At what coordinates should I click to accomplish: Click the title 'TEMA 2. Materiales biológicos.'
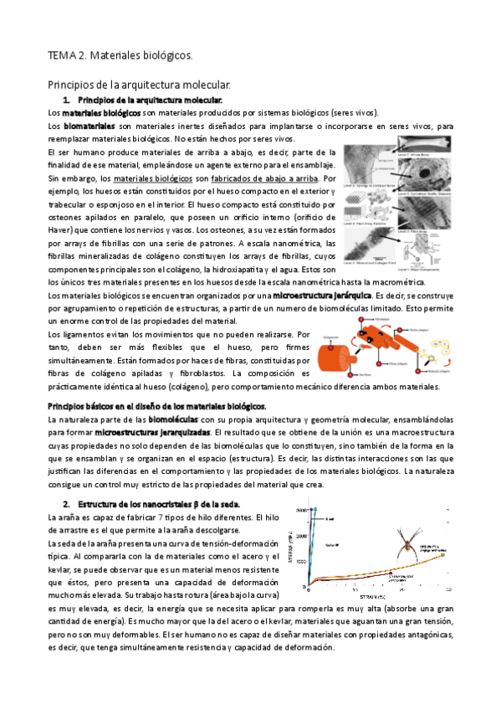[x=120, y=56]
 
